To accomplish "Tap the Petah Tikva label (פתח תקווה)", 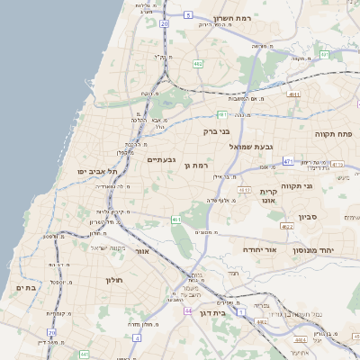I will [x=333, y=133].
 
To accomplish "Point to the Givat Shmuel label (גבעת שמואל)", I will [x=256, y=146].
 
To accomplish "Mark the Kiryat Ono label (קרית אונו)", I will [x=273, y=196].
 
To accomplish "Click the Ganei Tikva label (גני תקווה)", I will [x=321, y=186].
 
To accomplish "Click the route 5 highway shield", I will [x=187, y=15].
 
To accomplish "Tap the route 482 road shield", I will [x=197, y=64].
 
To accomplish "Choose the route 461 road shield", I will [x=175, y=219].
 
